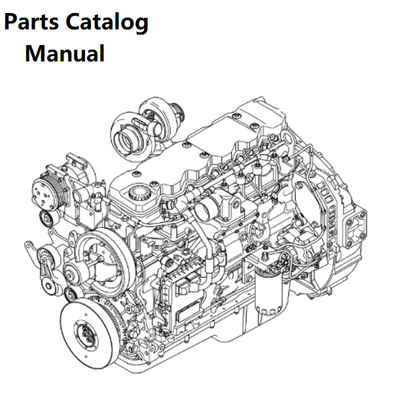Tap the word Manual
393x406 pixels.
pos(65,54)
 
